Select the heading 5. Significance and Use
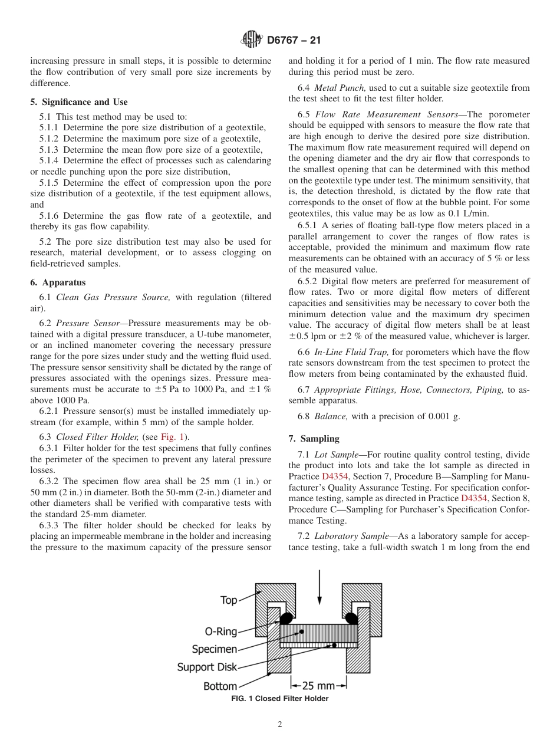pos(78,102)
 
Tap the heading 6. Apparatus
pos(58,282)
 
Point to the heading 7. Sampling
pos(314,438)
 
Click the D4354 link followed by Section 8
pos(473,498)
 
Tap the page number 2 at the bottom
pos(280,724)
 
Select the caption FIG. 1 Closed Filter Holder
pos(280,699)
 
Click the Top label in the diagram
pos(229,600)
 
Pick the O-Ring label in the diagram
pos(220,631)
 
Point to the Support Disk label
pos(207,667)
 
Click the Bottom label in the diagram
pos(220,686)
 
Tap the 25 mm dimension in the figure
pos(318,686)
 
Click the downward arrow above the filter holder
pos(319,583)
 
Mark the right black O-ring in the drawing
pos(352,618)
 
